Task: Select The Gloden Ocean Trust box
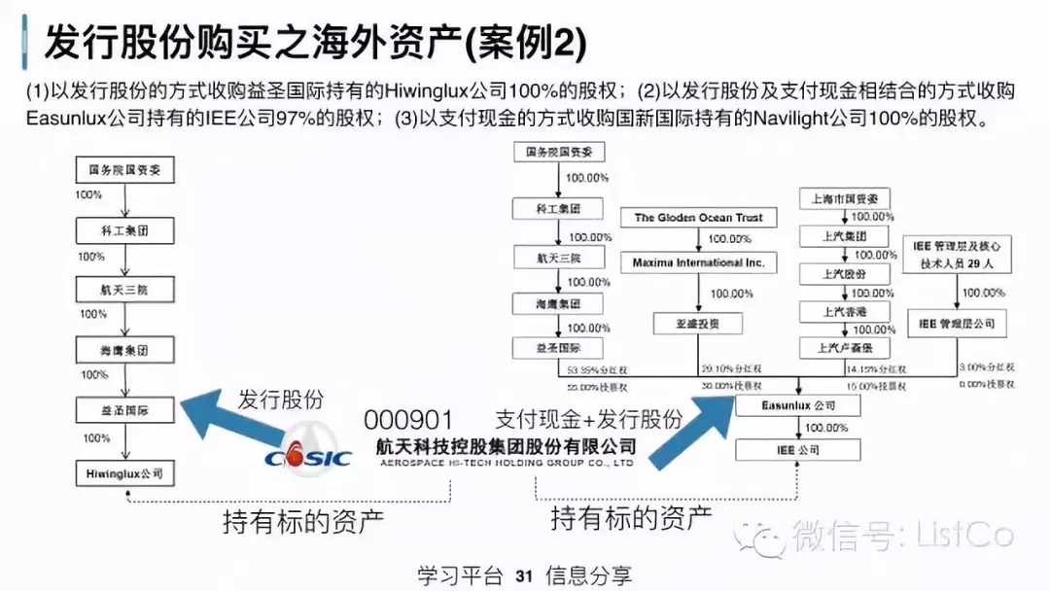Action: (698, 218)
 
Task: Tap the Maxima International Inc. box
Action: (698, 262)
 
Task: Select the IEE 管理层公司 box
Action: (957, 322)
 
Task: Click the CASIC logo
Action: (309, 456)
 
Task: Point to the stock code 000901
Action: (408, 420)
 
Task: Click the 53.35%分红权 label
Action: (590, 370)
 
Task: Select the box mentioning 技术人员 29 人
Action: (957, 254)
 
